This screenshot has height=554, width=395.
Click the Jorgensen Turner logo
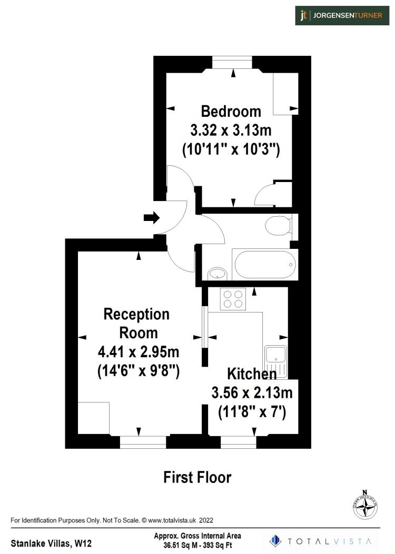tap(342, 15)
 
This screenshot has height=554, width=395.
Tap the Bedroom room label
tap(231, 112)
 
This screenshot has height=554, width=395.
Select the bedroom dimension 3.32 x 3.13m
tap(231, 130)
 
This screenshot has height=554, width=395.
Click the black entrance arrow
tap(152, 217)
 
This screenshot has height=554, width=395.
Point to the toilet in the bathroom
tap(278, 226)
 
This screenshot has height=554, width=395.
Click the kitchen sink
tap(275, 361)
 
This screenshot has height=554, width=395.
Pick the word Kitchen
tap(252, 374)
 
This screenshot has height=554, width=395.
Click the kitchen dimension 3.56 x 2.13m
tap(252, 392)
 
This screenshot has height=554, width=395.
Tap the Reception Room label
tap(137, 323)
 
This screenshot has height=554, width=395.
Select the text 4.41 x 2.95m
tap(139, 351)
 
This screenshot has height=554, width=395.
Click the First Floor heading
tap(197, 477)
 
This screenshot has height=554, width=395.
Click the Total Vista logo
tap(321, 541)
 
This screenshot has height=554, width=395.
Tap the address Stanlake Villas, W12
tap(47, 542)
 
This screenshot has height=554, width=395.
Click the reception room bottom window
tap(143, 442)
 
